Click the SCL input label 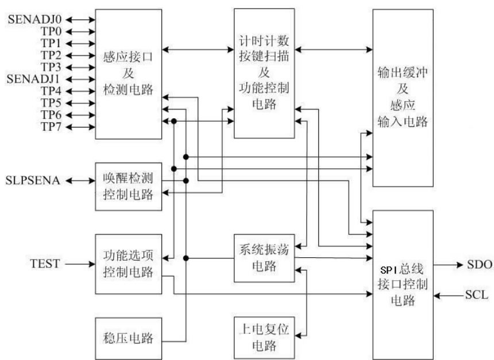pos(477,296)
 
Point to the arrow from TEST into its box pos(81,264)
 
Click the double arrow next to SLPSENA pos(81,181)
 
